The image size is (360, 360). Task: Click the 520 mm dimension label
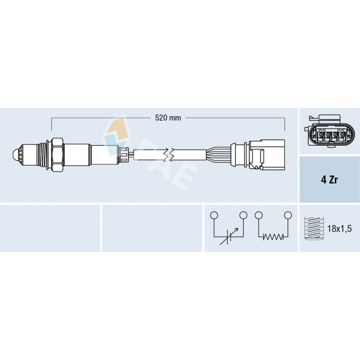[168, 118]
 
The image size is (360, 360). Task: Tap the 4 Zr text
[329, 180]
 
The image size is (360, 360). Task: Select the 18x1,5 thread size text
[339, 229]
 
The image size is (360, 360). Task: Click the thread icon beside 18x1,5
[314, 228]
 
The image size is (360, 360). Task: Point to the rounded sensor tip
[17, 156]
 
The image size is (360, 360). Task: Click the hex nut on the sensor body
[57, 155]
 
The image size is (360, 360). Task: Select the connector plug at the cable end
[267, 155]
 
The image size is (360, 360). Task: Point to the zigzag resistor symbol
[273, 237]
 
